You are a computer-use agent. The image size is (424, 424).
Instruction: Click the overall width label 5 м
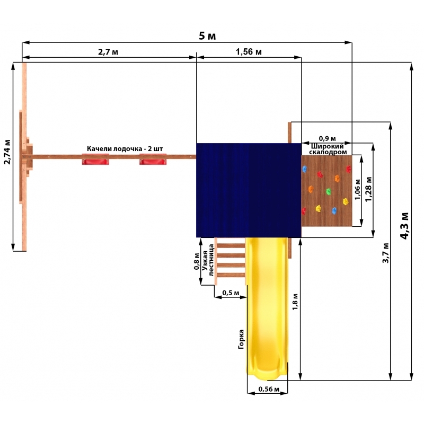point(207,36)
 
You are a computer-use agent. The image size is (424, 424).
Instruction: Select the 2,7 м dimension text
point(108,51)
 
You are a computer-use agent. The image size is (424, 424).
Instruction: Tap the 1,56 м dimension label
point(249,51)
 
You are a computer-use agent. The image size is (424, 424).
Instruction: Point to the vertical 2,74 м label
point(7,152)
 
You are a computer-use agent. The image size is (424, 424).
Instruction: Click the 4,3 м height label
point(405,226)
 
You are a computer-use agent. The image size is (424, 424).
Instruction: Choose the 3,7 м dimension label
point(386,253)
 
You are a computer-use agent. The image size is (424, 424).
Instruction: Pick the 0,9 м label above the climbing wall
point(327,139)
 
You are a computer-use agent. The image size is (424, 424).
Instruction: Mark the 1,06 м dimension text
point(358,190)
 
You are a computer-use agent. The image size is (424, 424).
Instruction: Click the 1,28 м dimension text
point(368,189)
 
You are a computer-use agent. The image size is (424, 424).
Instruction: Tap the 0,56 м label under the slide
point(269,389)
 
